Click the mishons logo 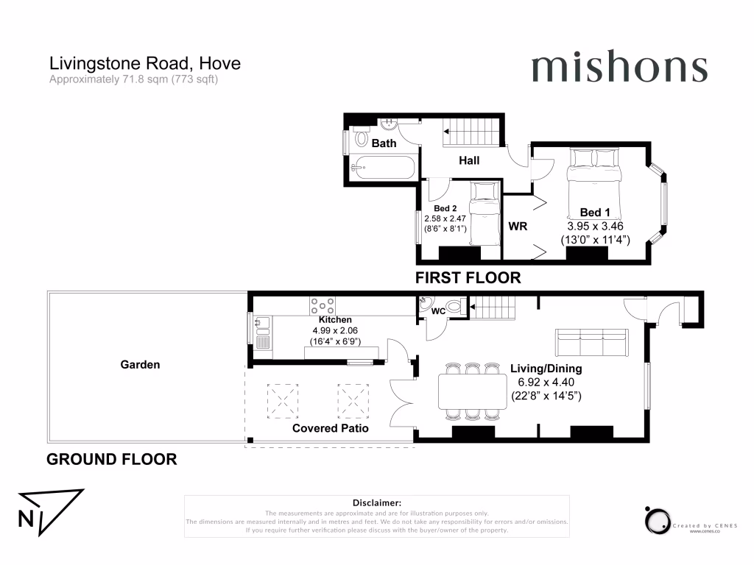619,68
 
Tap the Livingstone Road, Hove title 144,63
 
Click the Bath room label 384,143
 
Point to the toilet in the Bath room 362,138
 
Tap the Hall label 469,160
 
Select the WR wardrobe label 518,226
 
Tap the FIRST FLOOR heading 468,278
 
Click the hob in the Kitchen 323,305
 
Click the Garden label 140,364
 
